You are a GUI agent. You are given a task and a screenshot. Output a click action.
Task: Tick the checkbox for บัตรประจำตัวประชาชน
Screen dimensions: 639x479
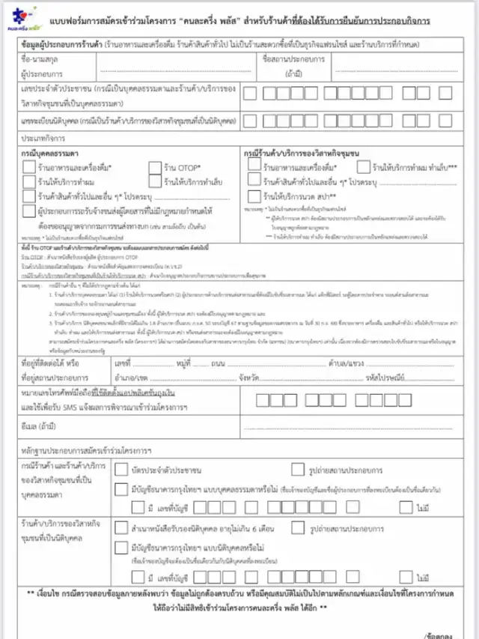click(x=121, y=470)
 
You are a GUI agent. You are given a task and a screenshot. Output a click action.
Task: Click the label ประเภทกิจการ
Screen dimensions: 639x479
click(x=42, y=139)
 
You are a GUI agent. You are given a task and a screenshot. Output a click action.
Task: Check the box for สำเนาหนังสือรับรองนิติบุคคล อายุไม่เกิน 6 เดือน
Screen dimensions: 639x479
click(x=121, y=527)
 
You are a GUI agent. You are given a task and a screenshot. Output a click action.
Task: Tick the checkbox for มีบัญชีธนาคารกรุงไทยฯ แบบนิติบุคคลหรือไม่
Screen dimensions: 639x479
click(x=121, y=546)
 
